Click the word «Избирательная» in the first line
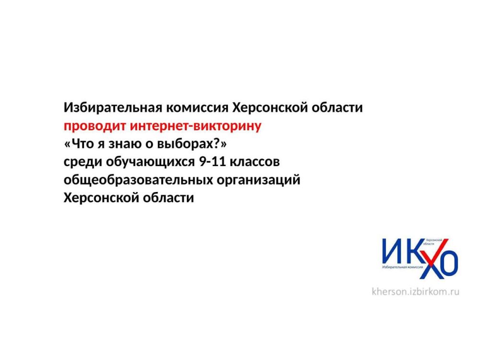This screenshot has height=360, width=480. click(113, 108)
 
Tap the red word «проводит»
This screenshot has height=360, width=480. click(95, 126)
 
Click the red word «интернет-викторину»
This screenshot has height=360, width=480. click(196, 126)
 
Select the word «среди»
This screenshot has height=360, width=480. click(83, 162)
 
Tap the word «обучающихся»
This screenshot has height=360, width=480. click(150, 162)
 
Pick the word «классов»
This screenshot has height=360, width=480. click(255, 162)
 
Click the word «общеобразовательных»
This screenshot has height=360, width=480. click(138, 180)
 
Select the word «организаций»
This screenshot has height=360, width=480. click(259, 180)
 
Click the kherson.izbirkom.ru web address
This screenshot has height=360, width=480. click(415, 291)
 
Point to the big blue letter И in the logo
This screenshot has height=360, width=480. click(392, 252)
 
